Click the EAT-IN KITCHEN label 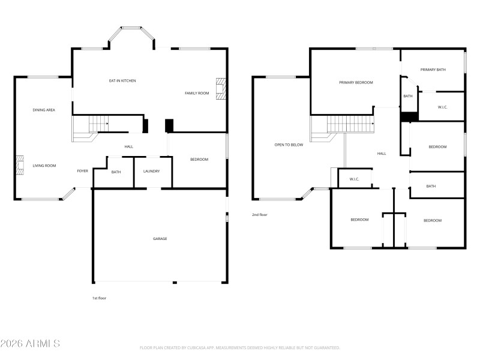coord(122,80)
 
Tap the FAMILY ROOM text coord(196,93)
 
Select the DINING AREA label coord(44,110)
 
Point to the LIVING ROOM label coord(44,166)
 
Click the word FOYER coord(82,171)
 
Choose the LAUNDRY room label coord(151,171)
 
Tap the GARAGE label coord(160,239)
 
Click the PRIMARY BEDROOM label coord(356,82)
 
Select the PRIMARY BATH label coord(433,70)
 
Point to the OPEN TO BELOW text coord(289,145)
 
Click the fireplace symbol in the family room coord(222,88)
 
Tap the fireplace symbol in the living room coord(20,164)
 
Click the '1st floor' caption coord(99,298)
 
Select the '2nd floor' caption coord(259,214)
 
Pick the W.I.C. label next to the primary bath coord(442,107)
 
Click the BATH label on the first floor coord(116,172)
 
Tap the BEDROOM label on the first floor coord(199,159)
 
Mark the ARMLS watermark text coord(30,344)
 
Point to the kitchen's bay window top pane coord(131,28)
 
